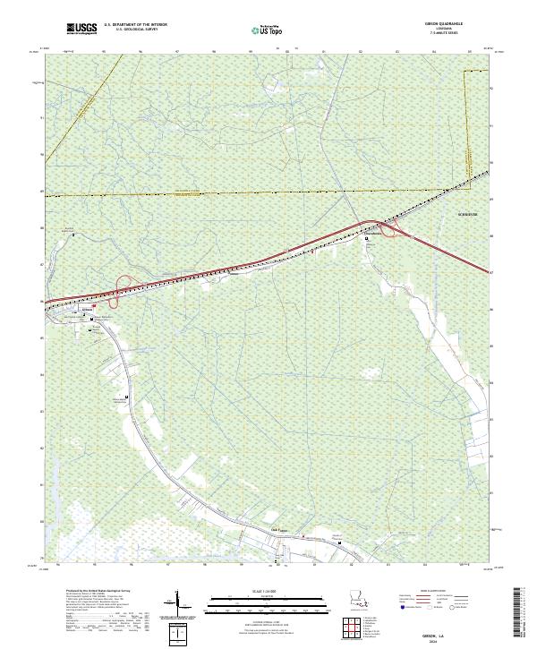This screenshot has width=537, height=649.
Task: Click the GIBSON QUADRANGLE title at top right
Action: click(450, 25)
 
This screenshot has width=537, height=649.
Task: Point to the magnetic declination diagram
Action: click(176, 602)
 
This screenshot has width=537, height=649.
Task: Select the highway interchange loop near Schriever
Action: click(390, 230)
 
